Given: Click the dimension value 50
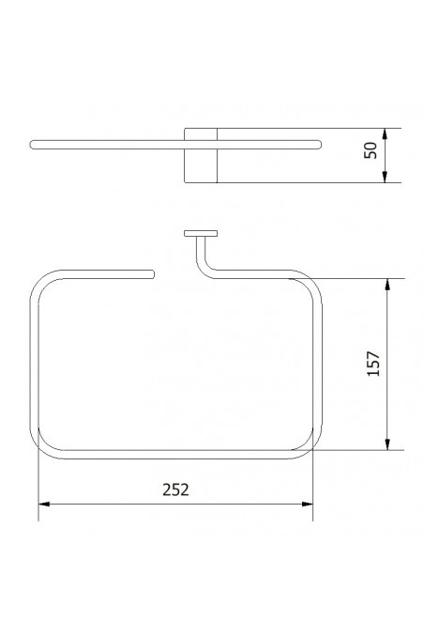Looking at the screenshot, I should coord(372,151).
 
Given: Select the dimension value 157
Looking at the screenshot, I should coord(372,365).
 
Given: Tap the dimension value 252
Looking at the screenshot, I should coord(176,489).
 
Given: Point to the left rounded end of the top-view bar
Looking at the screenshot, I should coord(36,145).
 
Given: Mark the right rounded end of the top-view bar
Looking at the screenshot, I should coord(319,145).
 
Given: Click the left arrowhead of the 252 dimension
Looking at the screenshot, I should coord(42,505).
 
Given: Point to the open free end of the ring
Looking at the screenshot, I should coord(149,273).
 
